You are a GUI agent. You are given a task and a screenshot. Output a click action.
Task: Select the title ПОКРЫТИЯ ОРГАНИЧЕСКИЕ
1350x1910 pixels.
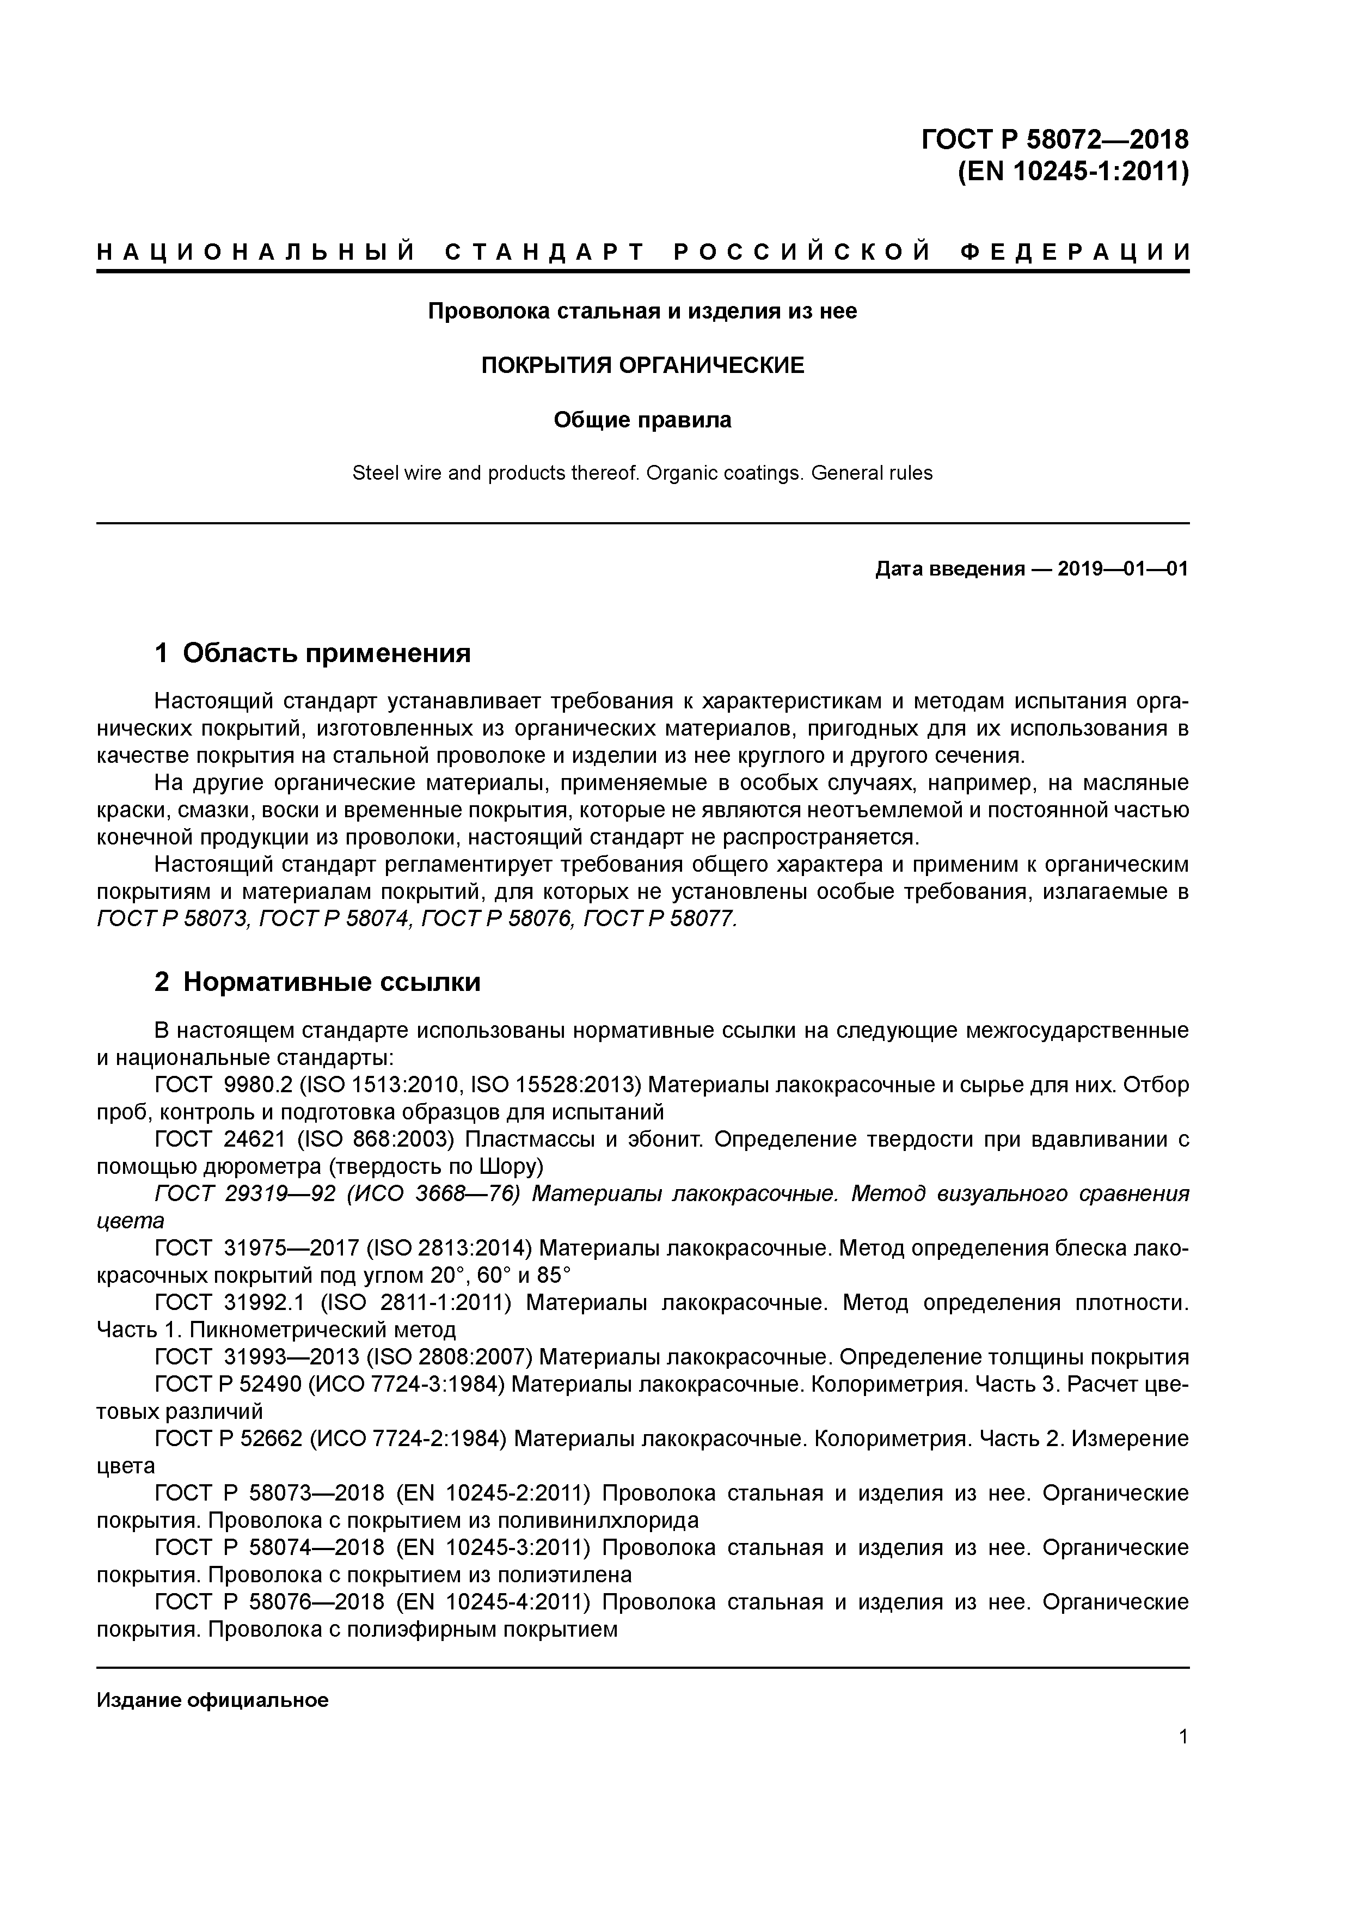(x=642, y=365)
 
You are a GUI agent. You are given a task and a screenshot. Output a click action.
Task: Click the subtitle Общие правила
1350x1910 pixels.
(x=642, y=420)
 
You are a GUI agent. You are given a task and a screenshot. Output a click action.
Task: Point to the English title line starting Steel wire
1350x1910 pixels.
(x=642, y=473)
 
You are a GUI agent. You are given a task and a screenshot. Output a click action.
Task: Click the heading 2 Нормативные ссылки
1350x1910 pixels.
(x=318, y=982)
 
